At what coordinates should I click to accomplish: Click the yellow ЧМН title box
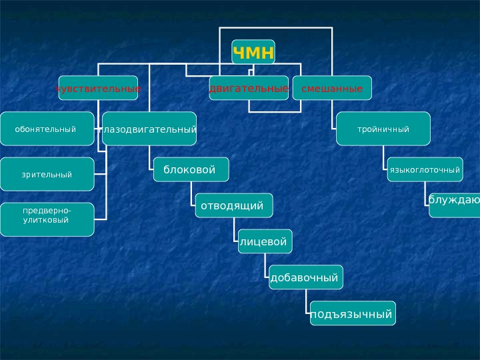tap(253, 52)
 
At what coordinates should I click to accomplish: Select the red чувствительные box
tap(98, 88)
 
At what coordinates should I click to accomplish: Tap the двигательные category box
tap(249, 88)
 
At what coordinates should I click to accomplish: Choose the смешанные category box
tap(332, 88)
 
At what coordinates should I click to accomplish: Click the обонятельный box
tap(47, 129)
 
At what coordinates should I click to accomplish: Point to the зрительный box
tap(47, 174)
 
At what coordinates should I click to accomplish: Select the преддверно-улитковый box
tap(47, 219)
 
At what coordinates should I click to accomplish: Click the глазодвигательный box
tap(149, 129)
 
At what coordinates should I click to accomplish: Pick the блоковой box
tap(191, 169)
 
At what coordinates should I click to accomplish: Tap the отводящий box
tap(233, 205)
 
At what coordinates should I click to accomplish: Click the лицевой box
tap(265, 241)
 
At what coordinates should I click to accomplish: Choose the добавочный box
tap(306, 277)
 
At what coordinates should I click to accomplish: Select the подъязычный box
tap(352, 313)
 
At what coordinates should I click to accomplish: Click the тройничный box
tap(383, 129)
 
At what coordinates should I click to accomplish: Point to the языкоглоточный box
tap(425, 169)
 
